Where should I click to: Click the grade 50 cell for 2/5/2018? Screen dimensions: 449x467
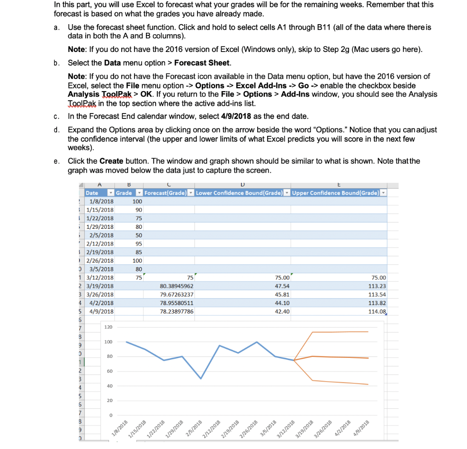tap(138, 235)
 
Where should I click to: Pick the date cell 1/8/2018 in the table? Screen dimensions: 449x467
tap(101, 201)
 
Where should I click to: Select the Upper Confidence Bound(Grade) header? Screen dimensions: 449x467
tap(335, 193)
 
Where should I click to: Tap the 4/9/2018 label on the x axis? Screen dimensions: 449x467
tap(361, 430)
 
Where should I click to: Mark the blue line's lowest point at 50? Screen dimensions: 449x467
tap(201, 378)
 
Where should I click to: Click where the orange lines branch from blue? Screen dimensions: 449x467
tap(294, 360)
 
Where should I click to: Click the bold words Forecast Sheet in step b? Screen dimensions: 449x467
tap(202, 62)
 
